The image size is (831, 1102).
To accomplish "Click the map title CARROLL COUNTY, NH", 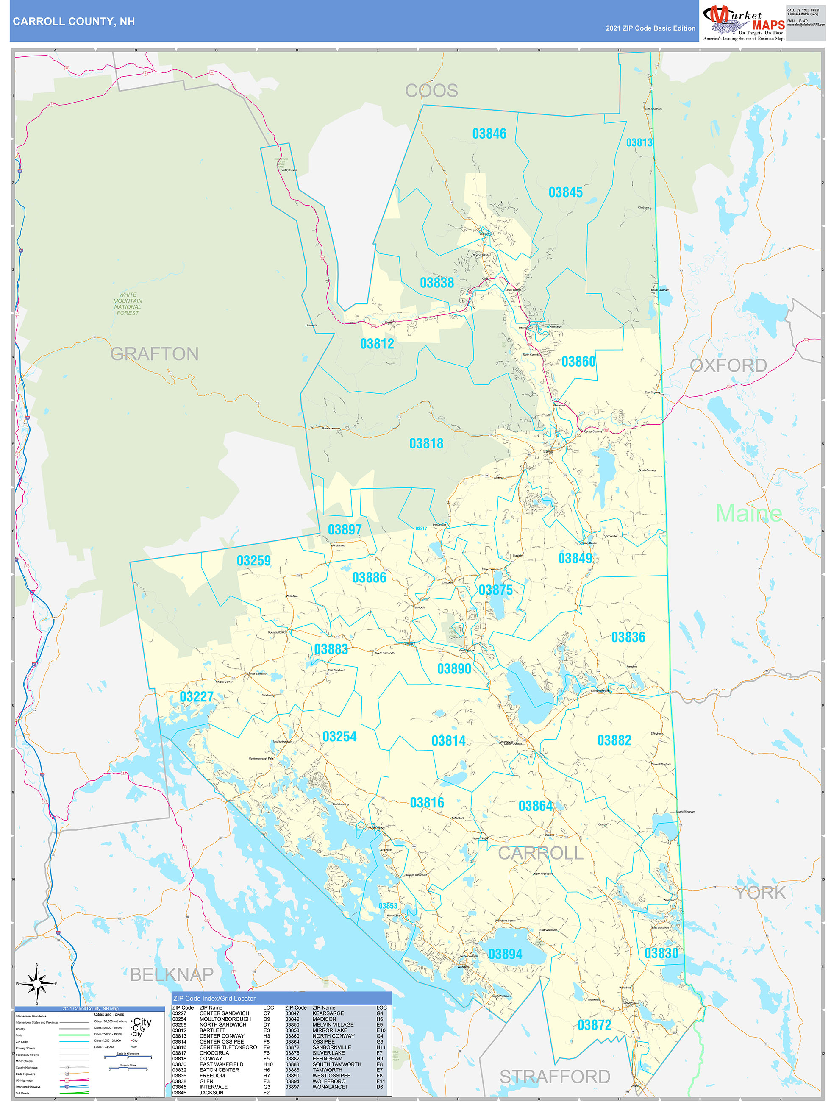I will pos(74,22).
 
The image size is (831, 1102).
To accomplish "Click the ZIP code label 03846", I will pos(489,134).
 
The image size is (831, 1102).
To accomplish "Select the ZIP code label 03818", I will pos(426,444).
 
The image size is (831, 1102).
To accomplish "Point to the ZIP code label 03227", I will pos(196,697).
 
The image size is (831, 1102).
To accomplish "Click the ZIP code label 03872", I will pos(594,1025).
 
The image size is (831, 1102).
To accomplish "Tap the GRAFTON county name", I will pos(154,354).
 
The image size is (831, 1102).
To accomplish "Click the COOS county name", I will pos(431,91).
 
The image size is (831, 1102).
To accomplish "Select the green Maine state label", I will pos(748,514).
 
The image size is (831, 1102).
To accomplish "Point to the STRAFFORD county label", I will pos(555,1077).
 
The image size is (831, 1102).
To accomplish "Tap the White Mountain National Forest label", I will pos(128,304).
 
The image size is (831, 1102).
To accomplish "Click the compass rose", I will pos(37,984).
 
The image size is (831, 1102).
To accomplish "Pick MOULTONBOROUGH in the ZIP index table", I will pos(225,1019).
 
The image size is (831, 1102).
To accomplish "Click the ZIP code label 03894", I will pos(505,955).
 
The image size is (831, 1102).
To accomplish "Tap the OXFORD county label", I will pos(728,366).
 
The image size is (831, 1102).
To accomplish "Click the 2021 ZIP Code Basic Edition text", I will pos(650,28).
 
